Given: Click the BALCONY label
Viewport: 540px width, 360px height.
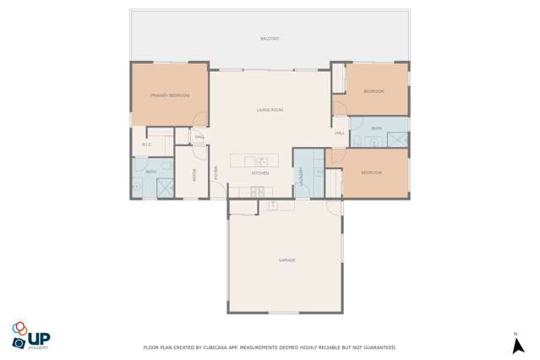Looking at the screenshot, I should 270,39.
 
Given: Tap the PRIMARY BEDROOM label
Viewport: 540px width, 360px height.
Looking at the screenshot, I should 170,95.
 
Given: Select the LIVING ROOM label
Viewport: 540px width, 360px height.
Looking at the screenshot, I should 270,110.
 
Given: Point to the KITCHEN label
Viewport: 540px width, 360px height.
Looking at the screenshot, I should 259,173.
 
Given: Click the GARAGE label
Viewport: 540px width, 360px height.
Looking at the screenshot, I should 286,260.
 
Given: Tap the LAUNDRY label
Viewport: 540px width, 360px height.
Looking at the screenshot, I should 301,175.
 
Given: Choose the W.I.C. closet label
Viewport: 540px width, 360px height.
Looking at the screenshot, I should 145,145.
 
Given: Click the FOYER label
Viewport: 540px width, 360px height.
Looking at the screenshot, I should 216,172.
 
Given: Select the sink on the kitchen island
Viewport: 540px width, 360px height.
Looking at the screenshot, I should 263,161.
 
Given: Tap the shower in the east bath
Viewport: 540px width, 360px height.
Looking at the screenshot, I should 402,139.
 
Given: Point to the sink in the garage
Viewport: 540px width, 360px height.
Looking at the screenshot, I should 272,205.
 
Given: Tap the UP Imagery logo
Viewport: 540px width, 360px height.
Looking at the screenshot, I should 30,334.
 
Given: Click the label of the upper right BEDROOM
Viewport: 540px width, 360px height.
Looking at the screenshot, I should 374,91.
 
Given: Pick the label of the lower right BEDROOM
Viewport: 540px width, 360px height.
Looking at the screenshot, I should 371,172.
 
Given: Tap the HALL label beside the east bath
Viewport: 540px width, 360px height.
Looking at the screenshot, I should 340,134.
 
